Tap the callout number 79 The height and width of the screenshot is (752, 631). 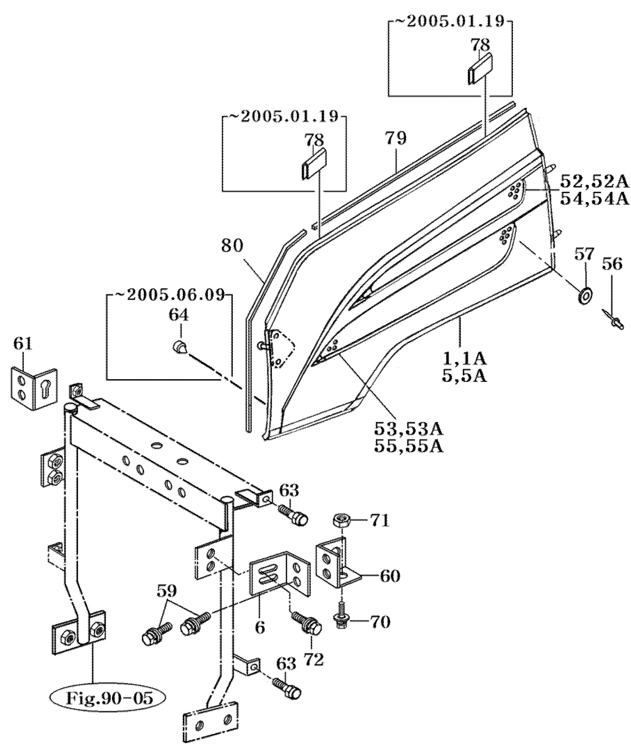coord(396,138)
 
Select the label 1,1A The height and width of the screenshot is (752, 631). coord(464,358)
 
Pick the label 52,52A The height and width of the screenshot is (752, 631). coord(595,183)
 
